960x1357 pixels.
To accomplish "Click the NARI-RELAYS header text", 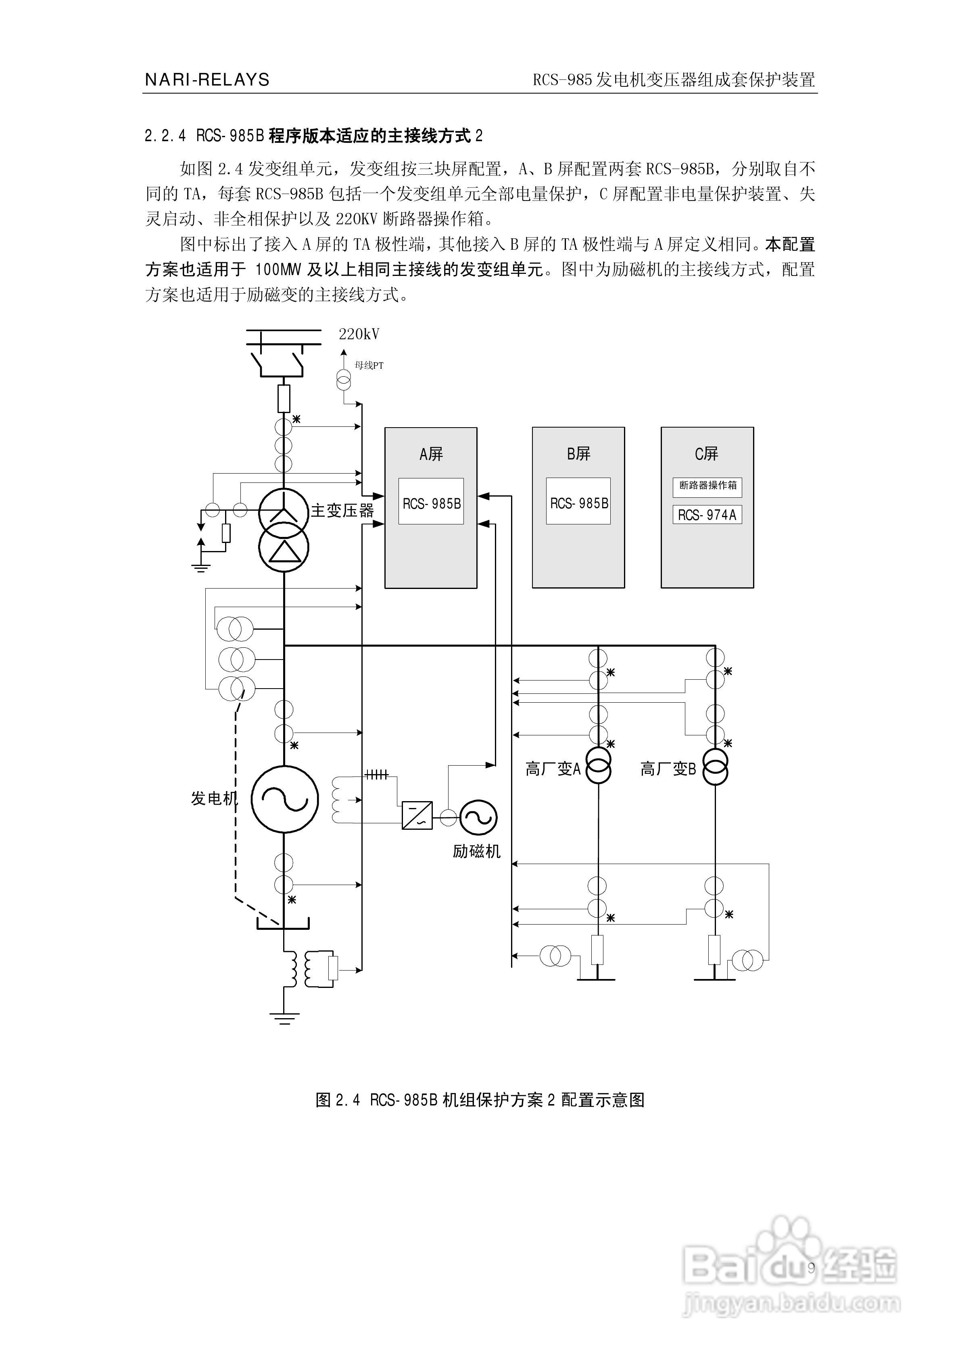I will (207, 80).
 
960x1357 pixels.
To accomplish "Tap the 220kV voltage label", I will (359, 334).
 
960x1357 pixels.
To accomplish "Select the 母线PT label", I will (369, 366).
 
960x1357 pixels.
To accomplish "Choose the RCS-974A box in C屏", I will (707, 515).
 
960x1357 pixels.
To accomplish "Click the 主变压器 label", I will (342, 511).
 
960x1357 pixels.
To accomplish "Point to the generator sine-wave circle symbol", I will (284, 798).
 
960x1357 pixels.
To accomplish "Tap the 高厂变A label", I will (553, 769).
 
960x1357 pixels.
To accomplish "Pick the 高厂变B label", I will (668, 769).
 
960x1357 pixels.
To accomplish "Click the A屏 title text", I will (431, 454).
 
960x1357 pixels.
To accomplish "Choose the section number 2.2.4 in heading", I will (165, 136).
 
